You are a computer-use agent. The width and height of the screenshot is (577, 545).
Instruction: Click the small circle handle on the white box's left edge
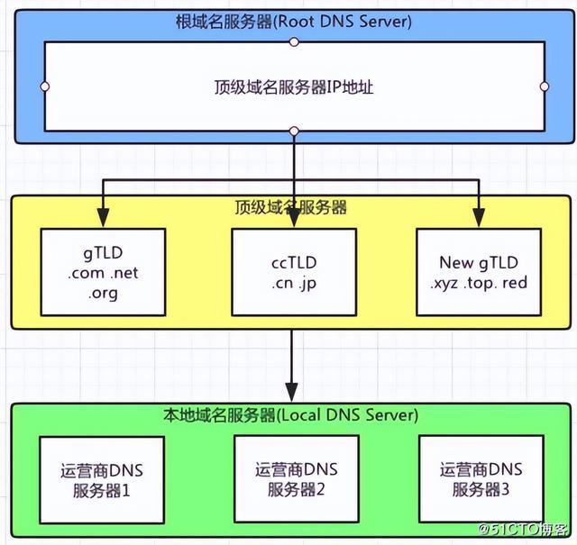pyautogui.click(x=44, y=87)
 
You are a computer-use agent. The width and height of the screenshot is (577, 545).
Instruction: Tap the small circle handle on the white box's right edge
pyautogui.click(x=544, y=87)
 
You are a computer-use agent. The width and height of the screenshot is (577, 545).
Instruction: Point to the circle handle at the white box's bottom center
pyautogui.click(x=294, y=132)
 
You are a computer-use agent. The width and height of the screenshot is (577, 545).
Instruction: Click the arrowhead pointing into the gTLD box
pyautogui.click(x=103, y=217)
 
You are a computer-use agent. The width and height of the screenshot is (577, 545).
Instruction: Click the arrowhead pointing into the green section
pyautogui.click(x=291, y=394)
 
